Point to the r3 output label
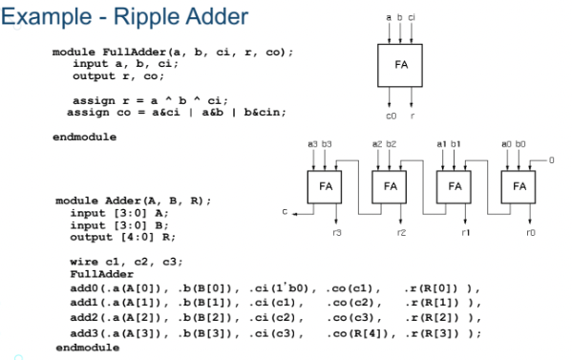[337, 233]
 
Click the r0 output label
[531, 233]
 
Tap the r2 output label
[402, 233]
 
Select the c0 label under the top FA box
[392, 116]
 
